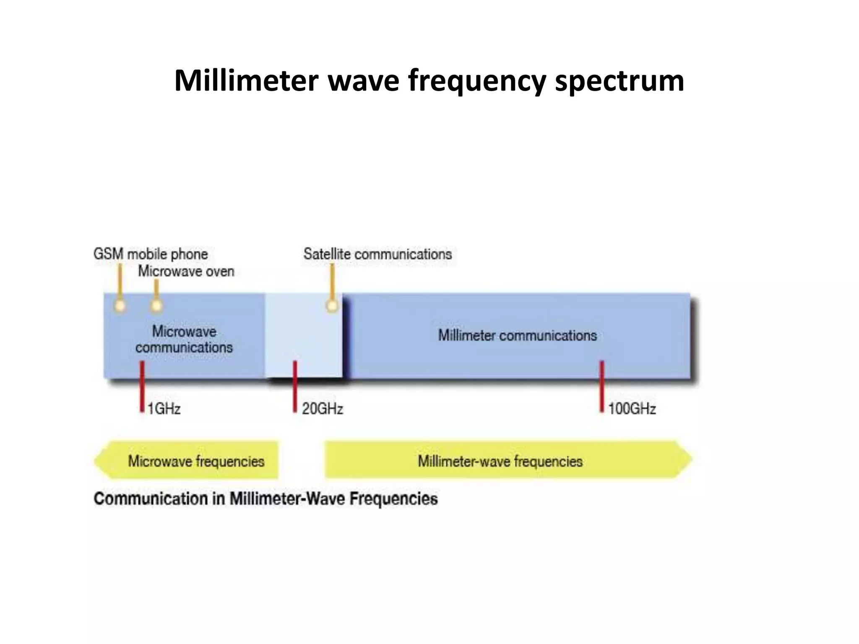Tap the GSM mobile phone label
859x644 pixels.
150,254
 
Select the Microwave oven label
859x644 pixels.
186,271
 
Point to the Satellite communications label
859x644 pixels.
377,254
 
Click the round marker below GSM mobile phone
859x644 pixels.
120,306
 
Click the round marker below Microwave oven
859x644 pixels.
156,306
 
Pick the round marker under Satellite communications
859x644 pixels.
332,306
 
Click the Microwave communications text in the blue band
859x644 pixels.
184,339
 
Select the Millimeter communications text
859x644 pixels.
517,335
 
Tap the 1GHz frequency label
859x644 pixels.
164,408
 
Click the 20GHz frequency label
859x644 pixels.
323,408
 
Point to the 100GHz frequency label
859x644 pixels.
632,408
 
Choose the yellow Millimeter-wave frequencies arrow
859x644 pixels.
503,460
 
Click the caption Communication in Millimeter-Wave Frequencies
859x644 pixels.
266,499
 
